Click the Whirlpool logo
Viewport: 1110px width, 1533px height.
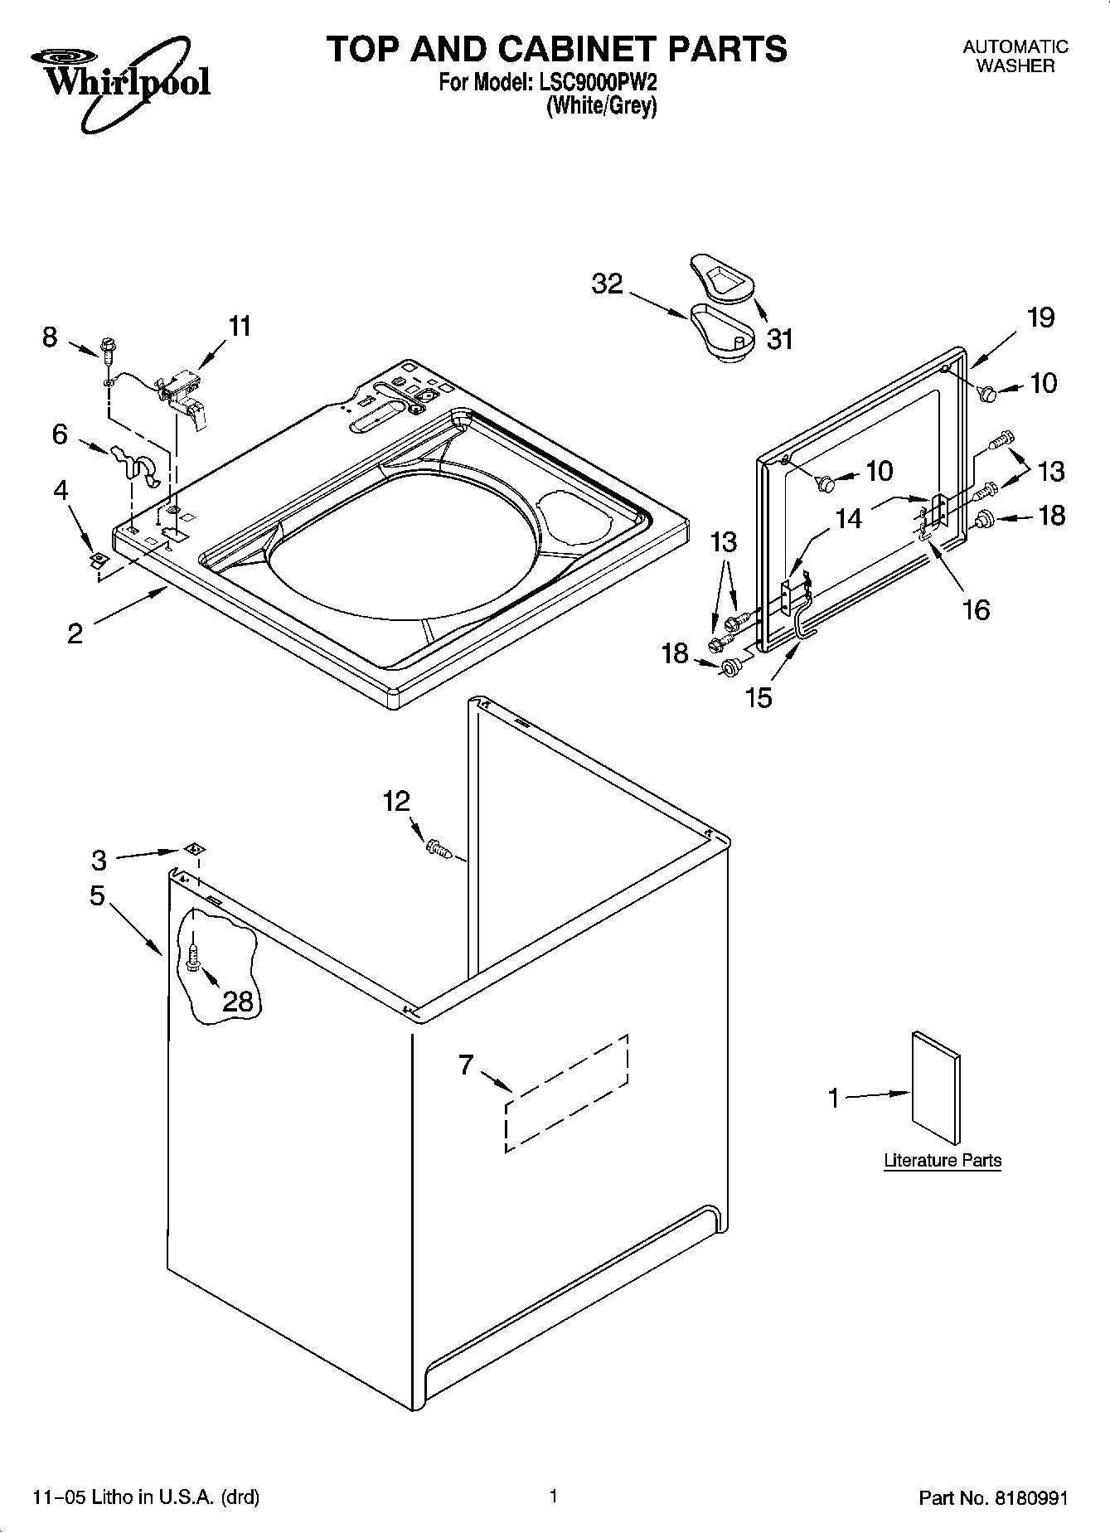pos(120,78)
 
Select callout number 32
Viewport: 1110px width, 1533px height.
pos(607,284)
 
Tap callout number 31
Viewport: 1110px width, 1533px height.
pos(779,338)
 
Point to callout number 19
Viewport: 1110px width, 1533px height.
pos(1040,317)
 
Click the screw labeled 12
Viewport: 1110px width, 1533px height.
pos(438,848)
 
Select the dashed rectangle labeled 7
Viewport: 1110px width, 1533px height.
pos(566,1093)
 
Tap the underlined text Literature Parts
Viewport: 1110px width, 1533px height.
pos(943,1161)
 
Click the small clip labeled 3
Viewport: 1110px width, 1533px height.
pos(196,848)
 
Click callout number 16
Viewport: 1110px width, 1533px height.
pos(976,609)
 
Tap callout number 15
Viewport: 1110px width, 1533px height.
pos(759,696)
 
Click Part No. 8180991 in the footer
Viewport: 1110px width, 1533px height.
pos(993,1498)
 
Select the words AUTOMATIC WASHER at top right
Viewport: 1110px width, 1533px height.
pos(1015,56)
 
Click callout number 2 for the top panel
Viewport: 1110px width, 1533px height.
pos(75,633)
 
